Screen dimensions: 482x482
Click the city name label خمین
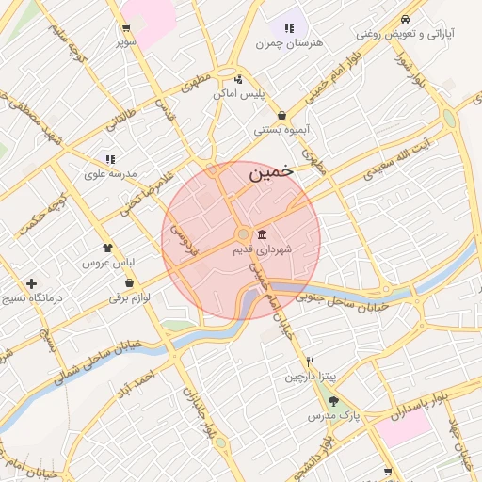click(x=271, y=173)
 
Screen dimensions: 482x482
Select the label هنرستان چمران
click(x=289, y=43)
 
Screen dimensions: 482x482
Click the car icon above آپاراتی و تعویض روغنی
click(x=405, y=19)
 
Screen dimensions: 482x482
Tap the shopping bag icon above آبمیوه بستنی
click(x=281, y=116)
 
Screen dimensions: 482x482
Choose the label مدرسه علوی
click(x=110, y=174)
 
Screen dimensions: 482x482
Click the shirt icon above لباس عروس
click(x=107, y=248)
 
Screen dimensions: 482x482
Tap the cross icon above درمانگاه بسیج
click(x=32, y=282)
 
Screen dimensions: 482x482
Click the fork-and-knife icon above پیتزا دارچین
click(x=309, y=362)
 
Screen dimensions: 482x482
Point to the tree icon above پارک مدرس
click(x=333, y=401)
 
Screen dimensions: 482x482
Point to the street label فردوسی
click(x=183, y=239)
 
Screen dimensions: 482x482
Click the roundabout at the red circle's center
click(x=242, y=233)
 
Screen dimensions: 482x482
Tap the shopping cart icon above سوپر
click(x=126, y=28)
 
